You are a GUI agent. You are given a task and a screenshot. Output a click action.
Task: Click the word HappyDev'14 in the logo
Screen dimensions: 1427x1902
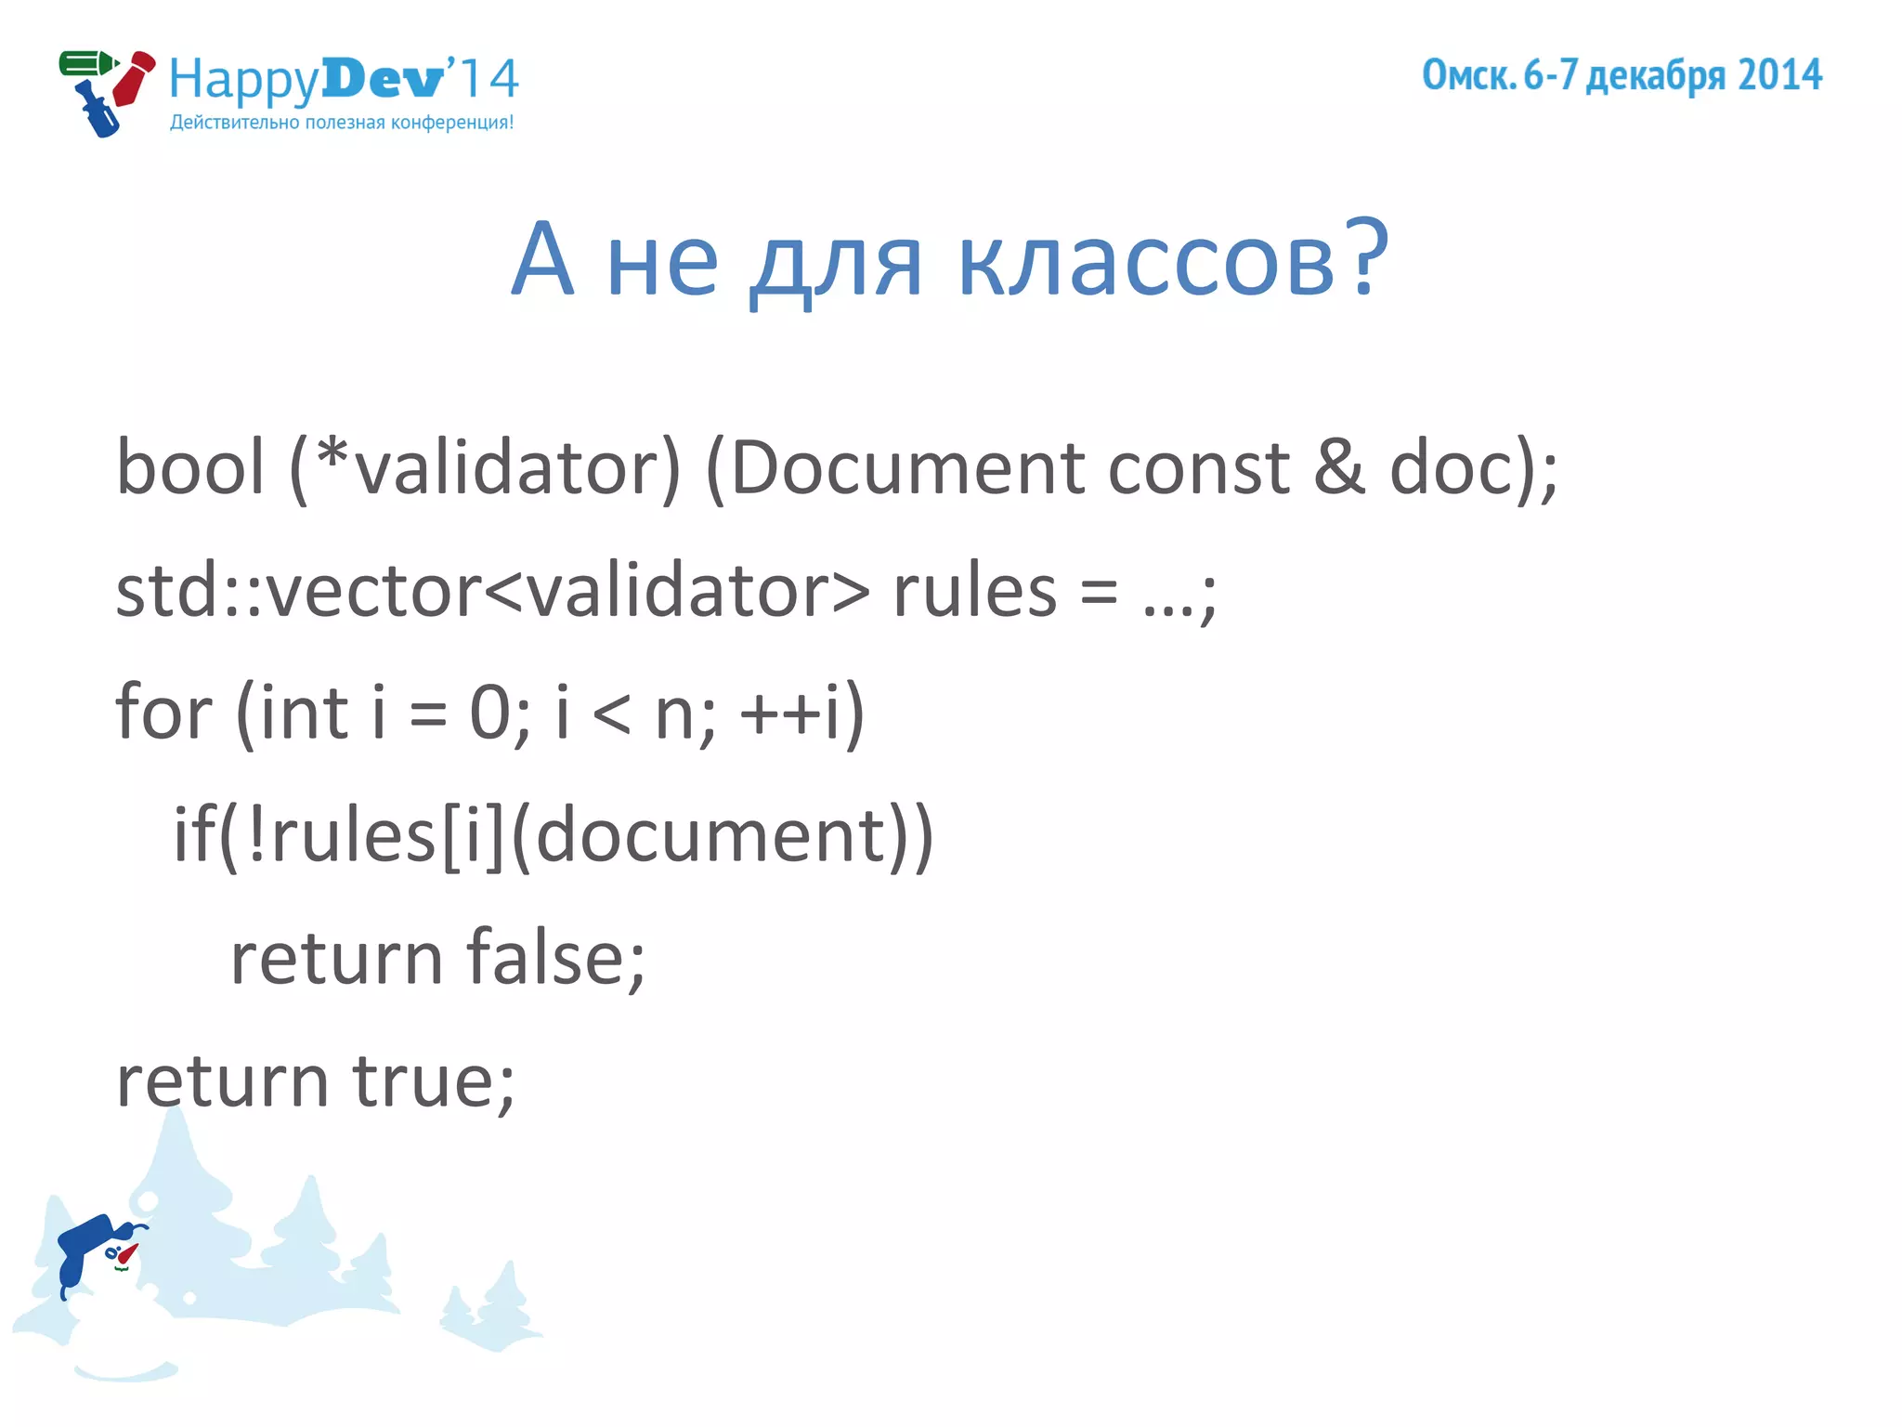[344, 80]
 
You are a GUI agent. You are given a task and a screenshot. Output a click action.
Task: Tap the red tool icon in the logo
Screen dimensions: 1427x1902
[134, 80]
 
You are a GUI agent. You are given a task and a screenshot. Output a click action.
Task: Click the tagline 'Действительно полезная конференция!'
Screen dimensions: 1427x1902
[341, 123]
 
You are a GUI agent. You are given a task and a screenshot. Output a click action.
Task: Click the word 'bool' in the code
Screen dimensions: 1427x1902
[190, 467]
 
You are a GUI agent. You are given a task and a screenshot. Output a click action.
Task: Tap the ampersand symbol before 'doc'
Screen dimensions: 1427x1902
[1338, 467]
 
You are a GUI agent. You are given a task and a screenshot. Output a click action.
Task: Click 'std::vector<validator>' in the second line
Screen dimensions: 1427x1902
[492, 591]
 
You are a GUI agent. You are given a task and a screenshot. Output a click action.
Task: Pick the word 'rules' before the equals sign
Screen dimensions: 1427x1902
[974, 591]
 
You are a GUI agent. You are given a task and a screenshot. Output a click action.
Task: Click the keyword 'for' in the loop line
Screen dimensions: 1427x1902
[163, 713]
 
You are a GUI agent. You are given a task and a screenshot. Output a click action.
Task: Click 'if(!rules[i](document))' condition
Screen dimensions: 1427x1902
[554, 835]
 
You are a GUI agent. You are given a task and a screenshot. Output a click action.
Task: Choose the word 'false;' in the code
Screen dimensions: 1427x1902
[555, 958]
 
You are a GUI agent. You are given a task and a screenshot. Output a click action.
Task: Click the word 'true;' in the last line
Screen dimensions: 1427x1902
[433, 1081]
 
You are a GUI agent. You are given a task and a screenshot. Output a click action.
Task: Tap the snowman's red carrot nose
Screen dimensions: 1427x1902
[127, 1254]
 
